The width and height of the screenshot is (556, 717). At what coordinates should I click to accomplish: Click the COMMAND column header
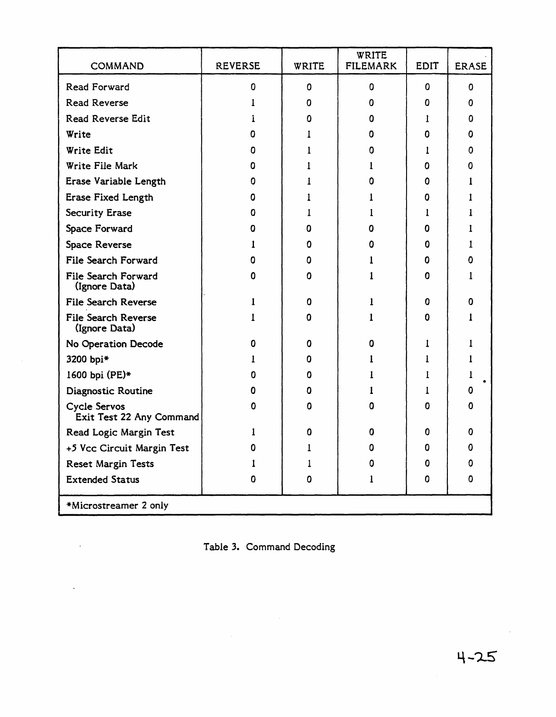pyautogui.click(x=117, y=66)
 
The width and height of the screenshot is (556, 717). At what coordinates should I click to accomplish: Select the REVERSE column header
pyautogui.click(x=238, y=66)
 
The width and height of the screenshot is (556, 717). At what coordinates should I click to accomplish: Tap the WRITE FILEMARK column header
pyautogui.click(x=371, y=61)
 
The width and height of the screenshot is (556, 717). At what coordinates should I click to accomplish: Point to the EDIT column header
pyautogui.click(x=427, y=66)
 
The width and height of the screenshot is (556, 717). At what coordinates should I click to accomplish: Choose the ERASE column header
pyautogui.click(x=471, y=66)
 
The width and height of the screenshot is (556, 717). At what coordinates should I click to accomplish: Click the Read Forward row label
pyautogui.click(x=98, y=87)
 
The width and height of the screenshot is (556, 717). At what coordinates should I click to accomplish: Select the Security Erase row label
pyautogui.click(x=99, y=213)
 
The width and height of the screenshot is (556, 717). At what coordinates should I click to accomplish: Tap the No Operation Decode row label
pyautogui.click(x=114, y=344)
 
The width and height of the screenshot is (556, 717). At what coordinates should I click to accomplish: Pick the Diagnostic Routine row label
pyautogui.click(x=109, y=391)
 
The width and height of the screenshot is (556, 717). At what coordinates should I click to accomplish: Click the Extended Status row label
pyautogui.click(x=103, y=480)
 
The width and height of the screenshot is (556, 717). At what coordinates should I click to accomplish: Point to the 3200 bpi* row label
pyautogui.click(x=88, y=359)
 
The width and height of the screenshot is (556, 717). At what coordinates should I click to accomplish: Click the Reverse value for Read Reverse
pyautogui.click(x=253, y=103)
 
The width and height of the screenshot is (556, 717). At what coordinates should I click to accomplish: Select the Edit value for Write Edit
pyautogui.click(x=427, y=150)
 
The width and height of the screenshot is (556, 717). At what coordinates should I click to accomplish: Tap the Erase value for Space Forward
pyautogui.click(x=471, y=229)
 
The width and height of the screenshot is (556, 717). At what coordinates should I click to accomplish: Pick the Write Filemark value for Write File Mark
pyautogui.click(x=371, y=166)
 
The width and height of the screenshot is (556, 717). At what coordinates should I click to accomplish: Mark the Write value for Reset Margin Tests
pyautogui.click(x=309, y=464)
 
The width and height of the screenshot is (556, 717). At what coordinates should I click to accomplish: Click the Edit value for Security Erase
pyautogui.click(x=427, y=213)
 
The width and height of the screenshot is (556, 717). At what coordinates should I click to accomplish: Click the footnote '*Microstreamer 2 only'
pyautogui.click(x=117, y=506)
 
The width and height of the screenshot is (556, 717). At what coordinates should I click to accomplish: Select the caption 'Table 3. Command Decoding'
pyautogui.click(x=269, y=547)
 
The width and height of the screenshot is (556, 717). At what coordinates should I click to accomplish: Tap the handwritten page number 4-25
pyautogui.click(x=477, y=657)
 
